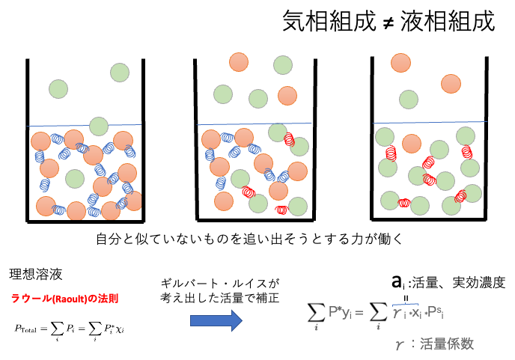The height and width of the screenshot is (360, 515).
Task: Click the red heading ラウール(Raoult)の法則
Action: click(64, 299)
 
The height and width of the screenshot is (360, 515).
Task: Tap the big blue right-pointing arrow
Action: click(216, 321)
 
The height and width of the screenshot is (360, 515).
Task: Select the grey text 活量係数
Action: click(447, 344)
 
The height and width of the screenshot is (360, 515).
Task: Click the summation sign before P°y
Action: click(315, 315)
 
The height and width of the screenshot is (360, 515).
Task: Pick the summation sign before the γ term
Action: click(378, 315)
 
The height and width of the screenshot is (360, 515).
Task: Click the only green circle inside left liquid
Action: click(75, 179)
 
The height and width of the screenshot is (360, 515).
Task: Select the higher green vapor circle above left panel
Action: click(120, 73)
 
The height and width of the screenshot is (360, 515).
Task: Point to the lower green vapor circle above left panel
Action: click(58, 89)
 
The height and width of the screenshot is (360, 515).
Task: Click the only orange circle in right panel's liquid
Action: click(412, 143)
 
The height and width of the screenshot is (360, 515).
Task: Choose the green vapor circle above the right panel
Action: click(408, 99)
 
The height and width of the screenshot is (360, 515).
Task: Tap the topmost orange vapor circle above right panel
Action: click(400, 62)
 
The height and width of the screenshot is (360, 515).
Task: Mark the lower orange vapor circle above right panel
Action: click(451, 83)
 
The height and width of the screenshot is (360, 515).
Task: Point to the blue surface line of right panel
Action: click(430, 121)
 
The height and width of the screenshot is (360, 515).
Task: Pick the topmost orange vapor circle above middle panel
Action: click(239, 62)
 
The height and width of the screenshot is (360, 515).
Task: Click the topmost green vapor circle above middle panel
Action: click(282, 65)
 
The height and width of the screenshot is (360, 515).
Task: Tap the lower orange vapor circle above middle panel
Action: click(287, 96)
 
